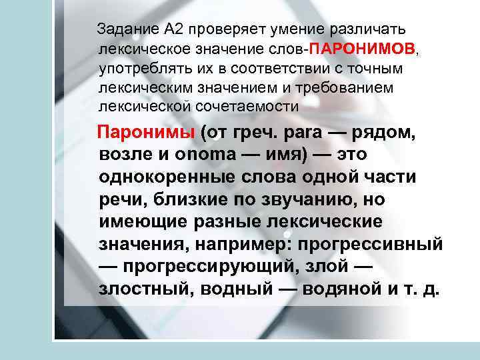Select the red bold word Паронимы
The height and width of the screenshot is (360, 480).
[146, 132]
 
